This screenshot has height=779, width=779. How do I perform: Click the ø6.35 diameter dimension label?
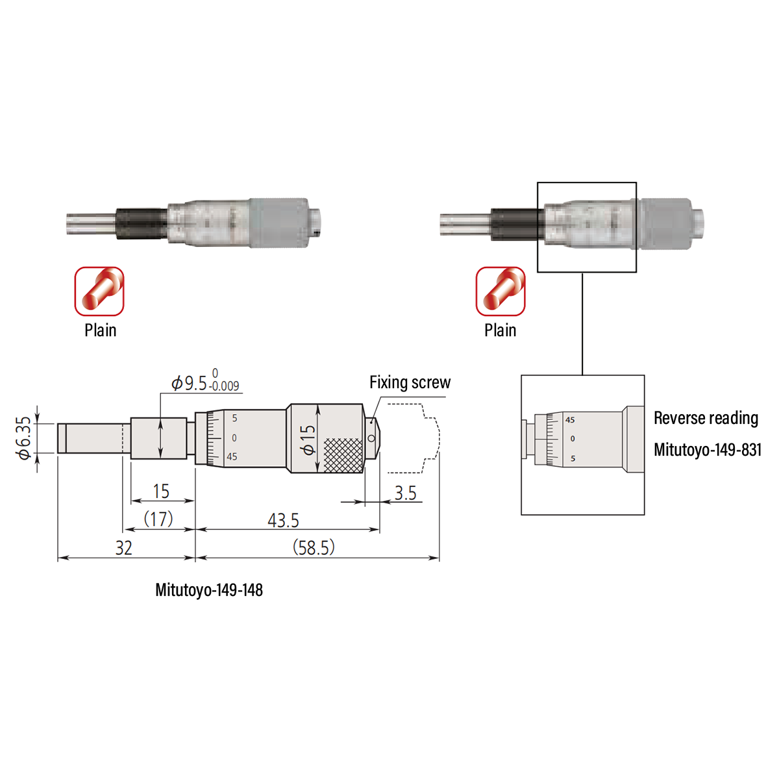pyautogui.click(x=23, y=438)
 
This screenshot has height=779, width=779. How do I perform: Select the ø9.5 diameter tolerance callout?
pyautogui.click(x=205, y=384)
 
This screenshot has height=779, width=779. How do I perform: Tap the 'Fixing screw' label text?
pyautogui.click(x=410, y=382)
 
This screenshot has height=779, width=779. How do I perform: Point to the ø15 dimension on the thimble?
pyautogui.click(x=308, y=439)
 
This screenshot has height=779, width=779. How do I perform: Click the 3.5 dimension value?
pyautogui.click(x=405, y=493)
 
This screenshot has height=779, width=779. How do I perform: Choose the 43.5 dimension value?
pyautogui.click(x=284, y=521)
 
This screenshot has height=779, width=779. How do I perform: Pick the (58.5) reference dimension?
pyautogui.click(x=314, y=548)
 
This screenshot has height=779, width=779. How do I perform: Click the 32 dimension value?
pyautogui.click(x=124, y=549)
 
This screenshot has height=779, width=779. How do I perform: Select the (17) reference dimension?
pyautogui.click(x=158, y=519)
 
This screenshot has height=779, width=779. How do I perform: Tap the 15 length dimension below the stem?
pyautogui.click(x=161, y=491)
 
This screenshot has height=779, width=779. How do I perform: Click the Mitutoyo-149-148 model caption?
pyautogui.click(x=209, y=590)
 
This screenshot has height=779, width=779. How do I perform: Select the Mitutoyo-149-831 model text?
pyautogui.click(x=708, y=449)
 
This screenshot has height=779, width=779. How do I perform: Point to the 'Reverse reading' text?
pyautogui.click(x=706, y=418)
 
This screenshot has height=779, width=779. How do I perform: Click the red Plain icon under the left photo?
pyautogui.click(x=99, y=291)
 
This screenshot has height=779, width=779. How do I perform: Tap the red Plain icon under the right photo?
pyautogui.click(x=501, y=291)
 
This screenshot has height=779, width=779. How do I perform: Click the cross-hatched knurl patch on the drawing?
pyautogui.click(x=343, y=455)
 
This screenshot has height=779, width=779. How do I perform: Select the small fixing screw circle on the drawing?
pyautogui.click(x=371, y=438)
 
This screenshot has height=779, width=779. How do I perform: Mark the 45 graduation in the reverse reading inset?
pyautogui.click(x=570, y=420)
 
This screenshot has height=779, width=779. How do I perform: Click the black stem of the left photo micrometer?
pyautogui.click(x=141, y=223)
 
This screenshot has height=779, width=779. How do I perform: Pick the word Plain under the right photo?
pyautogui.click(x=501, y=330)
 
